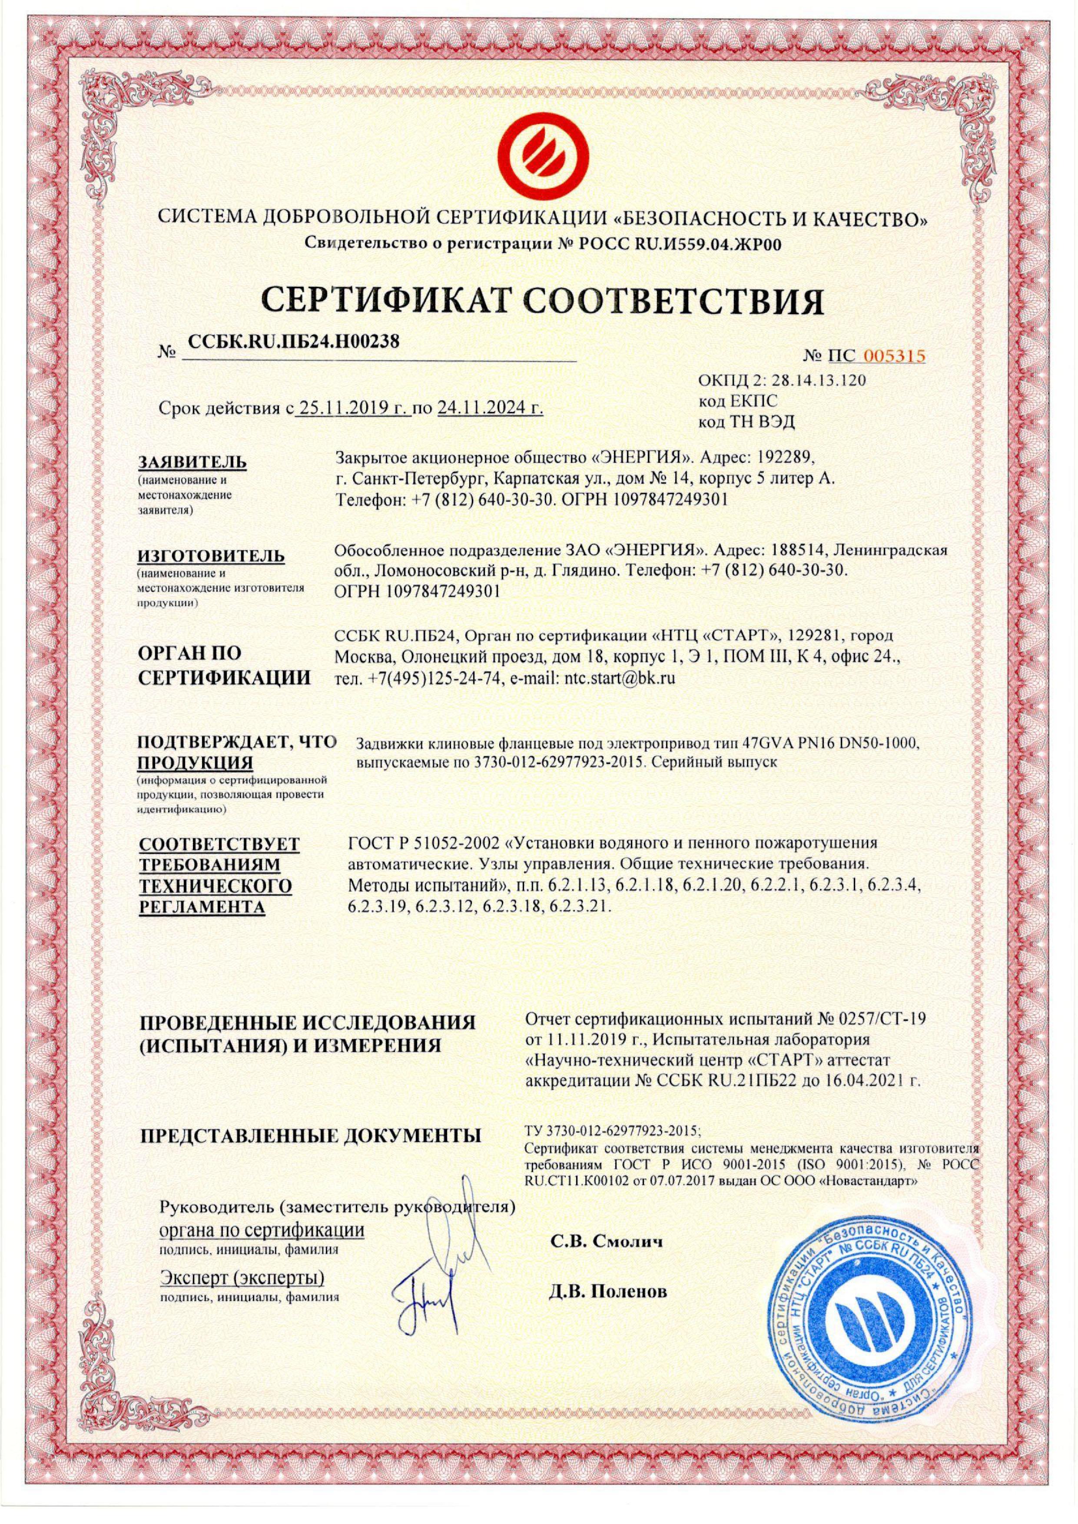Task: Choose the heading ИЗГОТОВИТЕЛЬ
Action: point(211,555)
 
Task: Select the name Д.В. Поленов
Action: point(608,1292)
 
